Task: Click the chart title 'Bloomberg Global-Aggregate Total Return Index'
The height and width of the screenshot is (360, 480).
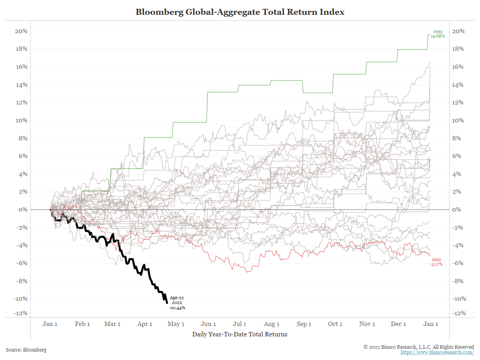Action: pos(240,12)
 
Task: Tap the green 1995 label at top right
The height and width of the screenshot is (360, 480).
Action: pos(437,32)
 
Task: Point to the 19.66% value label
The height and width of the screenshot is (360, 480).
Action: pos(438,36)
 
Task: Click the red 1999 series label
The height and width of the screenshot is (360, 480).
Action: pos(436,260)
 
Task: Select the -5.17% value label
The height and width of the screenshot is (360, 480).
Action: pos(436,264)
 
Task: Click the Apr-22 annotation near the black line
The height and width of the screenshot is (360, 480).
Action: pos(177,298)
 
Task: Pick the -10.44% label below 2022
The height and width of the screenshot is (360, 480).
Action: pos(177,308)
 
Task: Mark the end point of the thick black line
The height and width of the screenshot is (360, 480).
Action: pos(166,303)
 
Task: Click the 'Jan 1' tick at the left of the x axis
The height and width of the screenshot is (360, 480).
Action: pos(50,324)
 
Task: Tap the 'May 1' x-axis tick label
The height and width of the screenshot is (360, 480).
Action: pos(176,324)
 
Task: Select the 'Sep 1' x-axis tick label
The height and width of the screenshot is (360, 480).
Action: pos(304,324)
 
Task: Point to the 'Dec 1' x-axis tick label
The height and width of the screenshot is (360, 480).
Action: pos(398,324)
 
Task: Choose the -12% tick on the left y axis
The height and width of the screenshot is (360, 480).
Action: pos(20,313)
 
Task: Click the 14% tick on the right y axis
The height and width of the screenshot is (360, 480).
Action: pos(458,85)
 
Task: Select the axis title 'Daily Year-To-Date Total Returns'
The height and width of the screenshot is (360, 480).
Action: pos(240,334)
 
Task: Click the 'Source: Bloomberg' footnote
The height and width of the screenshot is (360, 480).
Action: pos(26,350)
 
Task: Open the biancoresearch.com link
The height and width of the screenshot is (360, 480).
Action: pos(437,352)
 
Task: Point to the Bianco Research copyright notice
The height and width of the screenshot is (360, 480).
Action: pos(418,347)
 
